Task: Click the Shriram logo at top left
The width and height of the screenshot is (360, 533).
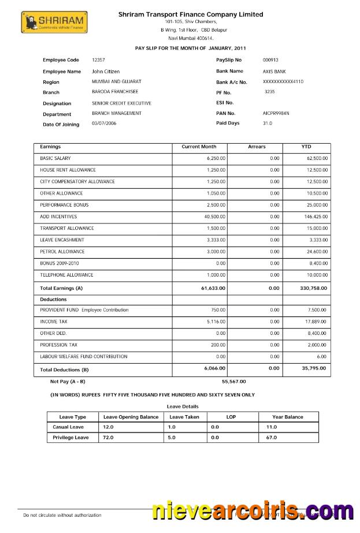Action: coord(53,23)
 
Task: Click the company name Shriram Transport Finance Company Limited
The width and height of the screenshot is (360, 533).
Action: coord(191,14)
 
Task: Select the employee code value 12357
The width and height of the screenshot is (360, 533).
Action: coord(98,60)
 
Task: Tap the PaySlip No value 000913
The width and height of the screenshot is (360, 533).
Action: coord(270,60)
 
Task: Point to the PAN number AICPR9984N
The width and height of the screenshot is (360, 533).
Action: coord(276,113)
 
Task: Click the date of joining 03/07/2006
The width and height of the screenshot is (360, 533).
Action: coord(104,124)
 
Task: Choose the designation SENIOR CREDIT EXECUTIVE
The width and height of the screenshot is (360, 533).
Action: coord(121,103)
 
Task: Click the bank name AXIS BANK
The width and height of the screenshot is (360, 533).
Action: coord(274,71)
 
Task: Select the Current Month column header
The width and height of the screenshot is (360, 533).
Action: coord(199,147)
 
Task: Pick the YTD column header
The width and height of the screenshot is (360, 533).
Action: coord(306,147)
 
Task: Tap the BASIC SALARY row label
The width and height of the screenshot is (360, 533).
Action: coord(55,158)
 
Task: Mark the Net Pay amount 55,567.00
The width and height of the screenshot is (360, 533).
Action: coord(233,382)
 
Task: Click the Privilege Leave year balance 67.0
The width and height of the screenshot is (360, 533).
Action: coord(272,438)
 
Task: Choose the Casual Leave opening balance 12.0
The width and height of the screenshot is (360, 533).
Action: coord(107,427)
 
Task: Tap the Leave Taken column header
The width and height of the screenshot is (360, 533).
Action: coord(184,417)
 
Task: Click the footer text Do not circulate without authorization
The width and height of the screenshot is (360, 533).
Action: coord(62,515)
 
